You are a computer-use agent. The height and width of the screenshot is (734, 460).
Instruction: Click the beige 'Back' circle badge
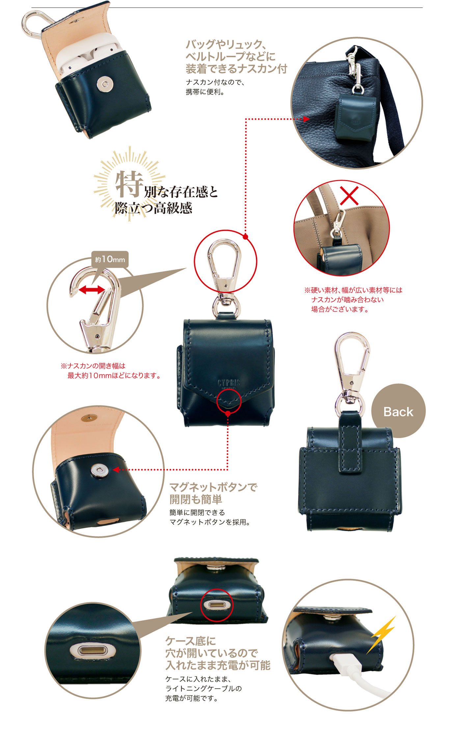point(398,411)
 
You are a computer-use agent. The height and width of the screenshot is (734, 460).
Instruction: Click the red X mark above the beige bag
point(349,196)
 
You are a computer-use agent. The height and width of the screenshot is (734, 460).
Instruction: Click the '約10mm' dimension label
point(110,259)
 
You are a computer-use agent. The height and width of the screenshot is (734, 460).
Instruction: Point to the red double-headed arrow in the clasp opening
point(92,290)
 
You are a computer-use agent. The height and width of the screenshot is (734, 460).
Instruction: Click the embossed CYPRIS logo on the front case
point(229,383)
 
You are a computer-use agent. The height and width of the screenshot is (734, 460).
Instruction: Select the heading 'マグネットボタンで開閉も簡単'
point(213,493)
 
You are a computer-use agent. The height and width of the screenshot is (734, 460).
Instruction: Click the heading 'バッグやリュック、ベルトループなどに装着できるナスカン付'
point(236,56)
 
